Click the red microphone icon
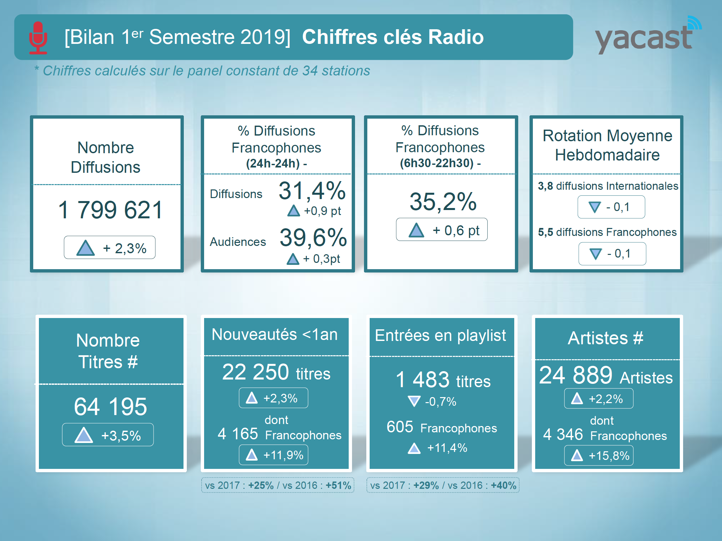[38, 38]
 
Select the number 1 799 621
[110, 210]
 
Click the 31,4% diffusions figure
[312, 191]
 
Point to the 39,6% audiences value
[313, 238]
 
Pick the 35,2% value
[443, 201]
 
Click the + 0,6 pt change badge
[441, 230]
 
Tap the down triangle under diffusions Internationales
[595, 207]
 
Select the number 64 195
[110, 406]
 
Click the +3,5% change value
[121, 435]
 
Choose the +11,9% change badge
[273, 455]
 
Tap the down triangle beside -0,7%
[414, 401]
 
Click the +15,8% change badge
[599, 456]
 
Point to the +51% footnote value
[338, 486]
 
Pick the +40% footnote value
[504, 486]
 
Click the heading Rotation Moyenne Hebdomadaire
[607, 145]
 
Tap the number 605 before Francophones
[400, 427]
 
